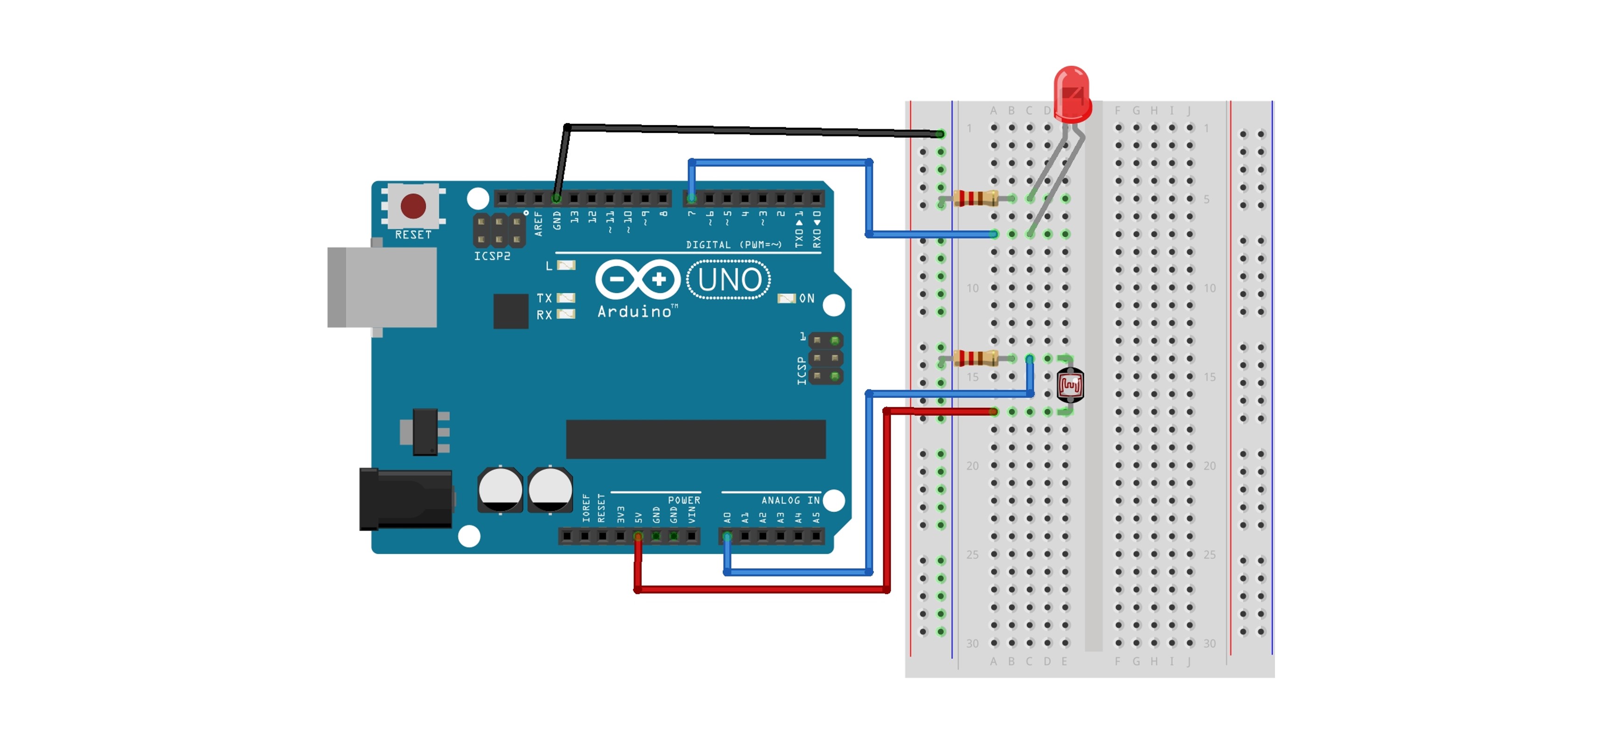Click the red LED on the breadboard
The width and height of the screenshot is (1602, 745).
pyautogui.click(x=1072, y=93)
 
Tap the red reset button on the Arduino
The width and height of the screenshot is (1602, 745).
pyautogui.click(x=413, y=206)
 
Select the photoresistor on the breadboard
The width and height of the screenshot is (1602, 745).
pyautogui.click(x=1070, y=385)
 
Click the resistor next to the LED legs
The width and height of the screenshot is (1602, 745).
pyautogui.click(x=975, y=198)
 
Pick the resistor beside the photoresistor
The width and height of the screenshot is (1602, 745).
pyautogui.click(x=975, y=358)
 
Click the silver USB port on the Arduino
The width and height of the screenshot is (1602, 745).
pyautogui.click(x=382, y=287)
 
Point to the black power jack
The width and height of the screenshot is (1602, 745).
pyautogui.click(x=406, y=499)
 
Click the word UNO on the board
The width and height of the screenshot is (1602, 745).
pyautogui.click(x=729, y=280)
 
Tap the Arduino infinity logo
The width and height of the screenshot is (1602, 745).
pyautogui.click(x=637, y=279)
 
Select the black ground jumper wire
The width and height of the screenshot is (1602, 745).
pyautogui.click(x=746, y=130)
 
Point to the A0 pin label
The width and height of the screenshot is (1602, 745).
pyautogui.click(x=727, y=517)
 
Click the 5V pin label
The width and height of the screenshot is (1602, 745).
pyautogui.click(x=638, y=517)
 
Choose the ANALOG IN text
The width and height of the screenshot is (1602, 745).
pyautogui.click(x=790, y=500)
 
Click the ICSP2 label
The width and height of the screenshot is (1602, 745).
pyautogui.click(x=492, y=256)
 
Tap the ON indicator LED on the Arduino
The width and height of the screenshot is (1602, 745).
pyautogui.click(x=787, y=299)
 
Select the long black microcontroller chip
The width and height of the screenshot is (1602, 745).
pyautogui.click(x=695, y=439)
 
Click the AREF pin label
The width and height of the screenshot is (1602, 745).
pyautogui.click(x=538, y=224)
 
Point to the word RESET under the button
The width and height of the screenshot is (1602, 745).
pyautogui.click(x=413, y=235)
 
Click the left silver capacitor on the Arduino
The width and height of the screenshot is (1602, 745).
pyautogui.click(x=500, y=490)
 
